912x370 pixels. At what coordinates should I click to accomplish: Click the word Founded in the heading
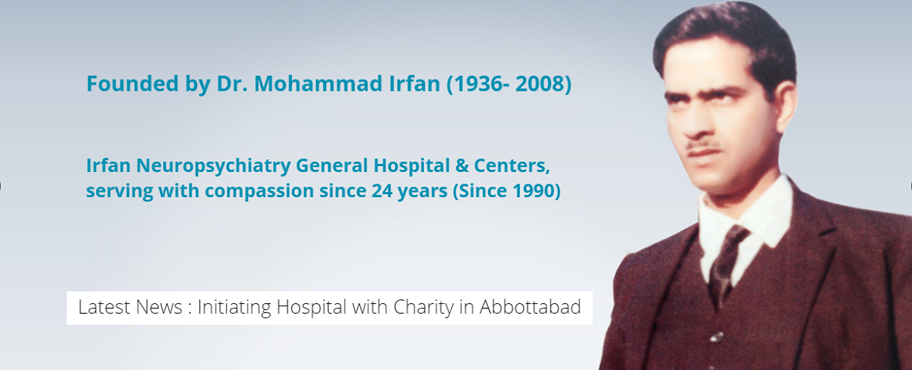click(x=133, y=83)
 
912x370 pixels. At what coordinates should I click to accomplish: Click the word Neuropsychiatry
click(x=213, y=166)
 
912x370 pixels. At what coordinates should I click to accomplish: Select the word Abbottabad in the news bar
click(x=530, y=307)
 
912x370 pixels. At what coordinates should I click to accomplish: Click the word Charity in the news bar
click(x=424, y=308)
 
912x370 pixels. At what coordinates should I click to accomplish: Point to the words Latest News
click(x=130, y=307)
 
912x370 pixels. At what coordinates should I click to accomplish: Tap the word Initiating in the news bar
click(x=234, y=308)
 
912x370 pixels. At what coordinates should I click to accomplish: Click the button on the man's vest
click(x=717, y=337)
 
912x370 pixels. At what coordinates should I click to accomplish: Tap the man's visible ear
click(x=787, y=107)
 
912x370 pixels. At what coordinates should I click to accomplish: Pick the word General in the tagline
click(x=332, y=165)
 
